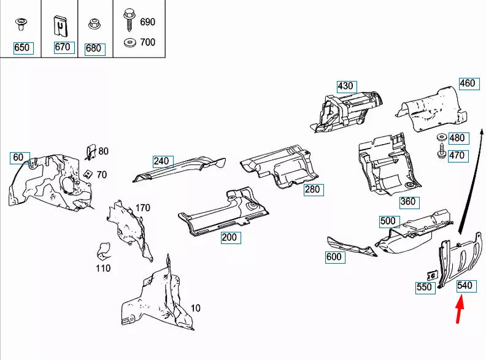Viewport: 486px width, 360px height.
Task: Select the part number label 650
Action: point(21,48)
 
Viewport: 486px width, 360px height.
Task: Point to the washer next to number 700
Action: point(129,43)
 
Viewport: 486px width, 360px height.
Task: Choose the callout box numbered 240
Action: point(161,161)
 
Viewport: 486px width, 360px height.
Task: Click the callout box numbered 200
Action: point(229,237)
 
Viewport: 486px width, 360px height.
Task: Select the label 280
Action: point(312,189)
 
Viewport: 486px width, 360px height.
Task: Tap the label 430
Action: point(345,86)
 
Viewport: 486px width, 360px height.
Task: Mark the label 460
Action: point(468,83)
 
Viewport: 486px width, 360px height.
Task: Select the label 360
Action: point(407,201)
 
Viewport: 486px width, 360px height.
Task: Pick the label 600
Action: point(334,257)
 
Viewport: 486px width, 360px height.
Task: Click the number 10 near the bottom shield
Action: point(195,308)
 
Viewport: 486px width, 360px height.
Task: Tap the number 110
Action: point(103,268)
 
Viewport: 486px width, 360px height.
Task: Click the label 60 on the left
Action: point(18,158)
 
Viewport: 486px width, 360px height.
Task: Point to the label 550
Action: point(424,286)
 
